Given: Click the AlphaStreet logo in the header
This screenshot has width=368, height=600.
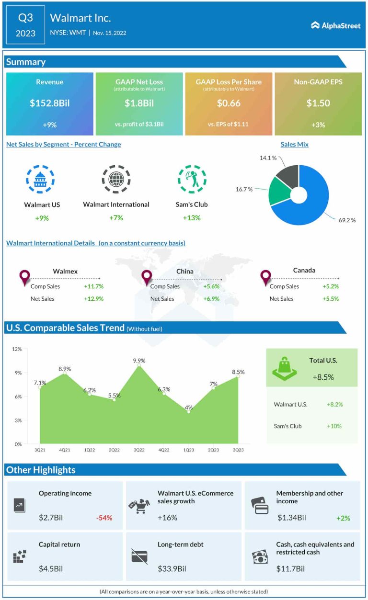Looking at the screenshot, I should point(335,25).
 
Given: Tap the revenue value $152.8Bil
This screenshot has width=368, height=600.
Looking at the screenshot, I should point(50,103).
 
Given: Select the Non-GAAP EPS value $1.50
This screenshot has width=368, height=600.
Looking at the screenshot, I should point(318,103).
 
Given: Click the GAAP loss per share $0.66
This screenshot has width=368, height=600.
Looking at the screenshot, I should point(229,103).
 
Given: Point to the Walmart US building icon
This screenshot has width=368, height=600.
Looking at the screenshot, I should point(40,180).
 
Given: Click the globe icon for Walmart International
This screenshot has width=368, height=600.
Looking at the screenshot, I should point(115,180).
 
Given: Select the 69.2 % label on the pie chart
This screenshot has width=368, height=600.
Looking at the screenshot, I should point(347,220).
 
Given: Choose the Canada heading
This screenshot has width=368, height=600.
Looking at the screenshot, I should point(304,271).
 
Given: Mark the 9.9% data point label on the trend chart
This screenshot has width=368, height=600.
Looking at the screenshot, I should point(139,361).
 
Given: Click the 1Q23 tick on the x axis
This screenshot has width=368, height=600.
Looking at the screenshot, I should point(188,450).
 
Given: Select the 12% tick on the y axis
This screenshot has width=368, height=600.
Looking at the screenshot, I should point(17,349).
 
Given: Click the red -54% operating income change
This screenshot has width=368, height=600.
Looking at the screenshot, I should point(104,518).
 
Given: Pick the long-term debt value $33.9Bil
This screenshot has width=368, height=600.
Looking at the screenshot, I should point(172,569).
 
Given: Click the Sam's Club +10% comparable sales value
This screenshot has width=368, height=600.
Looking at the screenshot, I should point(334,426).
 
